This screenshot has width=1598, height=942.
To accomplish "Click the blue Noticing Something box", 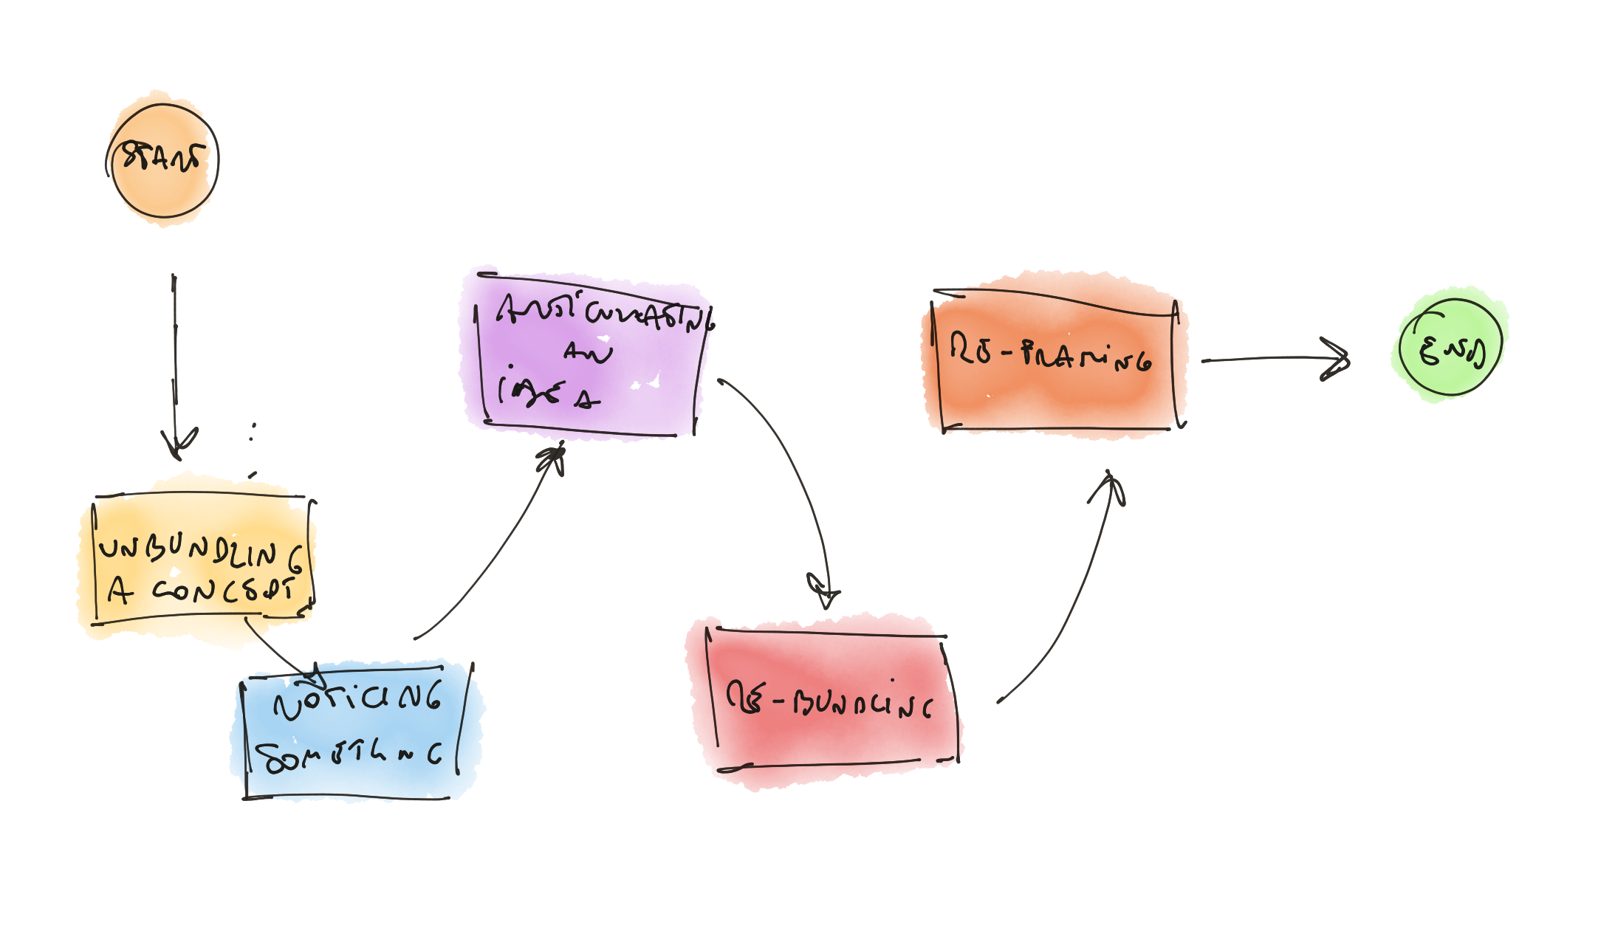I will coord(356,731).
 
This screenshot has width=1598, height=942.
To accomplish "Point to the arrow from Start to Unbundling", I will coord(174,354).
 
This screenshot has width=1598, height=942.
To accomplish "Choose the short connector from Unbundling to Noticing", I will coord(277,648).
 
